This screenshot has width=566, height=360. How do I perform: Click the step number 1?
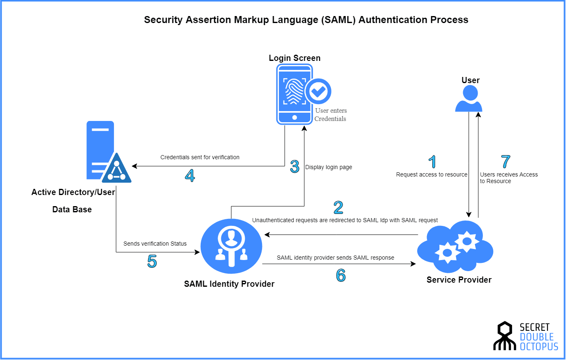point(432,162)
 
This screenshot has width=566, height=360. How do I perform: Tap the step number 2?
point(338,207)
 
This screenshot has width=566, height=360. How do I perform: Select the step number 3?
point(295,166)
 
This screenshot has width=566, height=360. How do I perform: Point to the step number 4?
point(190,176)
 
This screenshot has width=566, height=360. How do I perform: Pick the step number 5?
point(152,261)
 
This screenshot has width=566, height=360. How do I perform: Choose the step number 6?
point(341,275)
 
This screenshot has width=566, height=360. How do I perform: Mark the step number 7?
point(506,162)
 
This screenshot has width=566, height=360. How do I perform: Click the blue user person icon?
point(469,99)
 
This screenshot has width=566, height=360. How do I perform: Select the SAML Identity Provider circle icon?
point(231,246)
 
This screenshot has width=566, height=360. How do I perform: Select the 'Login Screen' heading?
point(295,58)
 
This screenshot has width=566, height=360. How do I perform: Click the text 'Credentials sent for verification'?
point(200,157)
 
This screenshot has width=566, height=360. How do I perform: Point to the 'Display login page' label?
point(329,167)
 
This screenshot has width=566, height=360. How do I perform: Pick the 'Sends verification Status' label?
point(155,244)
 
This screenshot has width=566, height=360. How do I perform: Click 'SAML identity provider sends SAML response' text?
point(335,258)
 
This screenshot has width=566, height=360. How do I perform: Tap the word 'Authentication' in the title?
point(393,20)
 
